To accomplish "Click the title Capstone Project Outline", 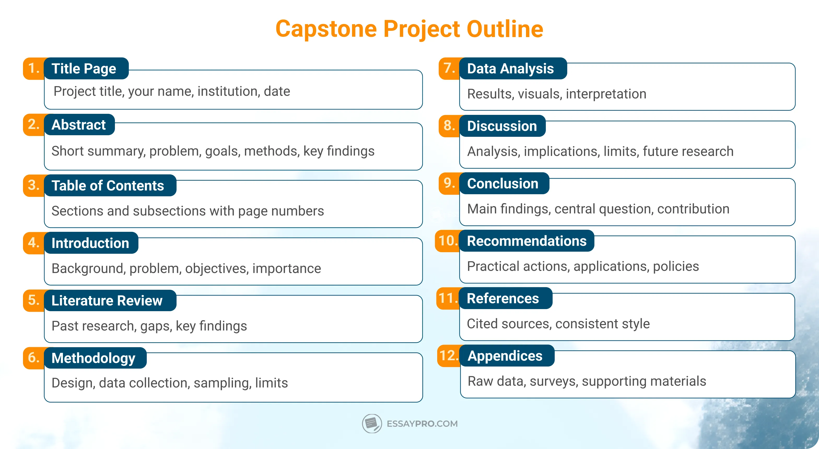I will click(x=409, y=29).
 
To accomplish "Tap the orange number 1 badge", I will click(x=34, y=68).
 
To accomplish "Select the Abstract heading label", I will click(x=79, y=125).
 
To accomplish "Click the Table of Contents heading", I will click(x=108, y=186).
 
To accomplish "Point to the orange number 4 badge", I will click(x=34, y=243).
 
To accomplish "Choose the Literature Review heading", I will click(x=107, y=300).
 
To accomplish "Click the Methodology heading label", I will click(x=93, y=358).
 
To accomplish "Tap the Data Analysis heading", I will click(x=510, y=69).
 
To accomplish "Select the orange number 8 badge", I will click(x=449, y=126).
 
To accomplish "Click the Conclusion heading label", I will click(x=503, y=183).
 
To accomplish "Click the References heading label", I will click(x=503, y=298).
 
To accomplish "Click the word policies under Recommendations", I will click(x=676, y=266).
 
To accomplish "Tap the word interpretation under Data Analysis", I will click(x=606, y=94).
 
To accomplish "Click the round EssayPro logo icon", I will click(x=372, y=423).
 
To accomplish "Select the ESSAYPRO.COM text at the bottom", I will click(x=422, y=424).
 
